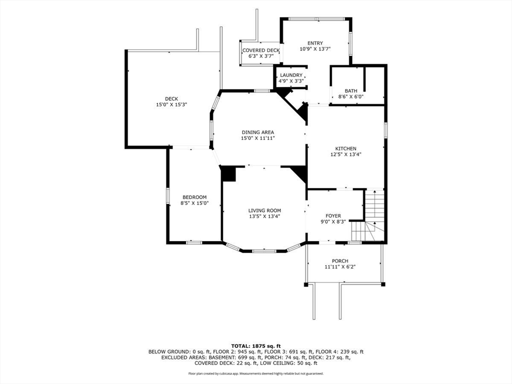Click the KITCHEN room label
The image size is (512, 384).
click(x=345, y=148)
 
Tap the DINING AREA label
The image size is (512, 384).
click(x=257, y=132)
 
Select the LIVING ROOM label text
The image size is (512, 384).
click(x=264, y=210)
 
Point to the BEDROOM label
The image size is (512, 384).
click(x=194, y=197)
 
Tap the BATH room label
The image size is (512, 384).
click(x=350, y=90)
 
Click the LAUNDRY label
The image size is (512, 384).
click(x=291, y=75)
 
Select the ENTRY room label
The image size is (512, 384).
click(x=315, y=43)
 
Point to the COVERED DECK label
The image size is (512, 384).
click(x=261, y=50)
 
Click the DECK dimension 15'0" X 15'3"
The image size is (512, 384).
click(x=171, y=104)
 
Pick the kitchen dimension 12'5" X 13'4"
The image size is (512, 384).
click(x=345, y=155)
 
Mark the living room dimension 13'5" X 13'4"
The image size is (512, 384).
click(x=264, y=216)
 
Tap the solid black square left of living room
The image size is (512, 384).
click(x=228, y=174)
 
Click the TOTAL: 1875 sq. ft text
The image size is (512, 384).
click(x=255, y=345)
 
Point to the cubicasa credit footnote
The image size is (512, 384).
click(x=255, y=373)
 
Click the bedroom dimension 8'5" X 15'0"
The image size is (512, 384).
click(x=194, y=203)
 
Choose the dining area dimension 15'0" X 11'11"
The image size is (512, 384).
click(x=257, y=138)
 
